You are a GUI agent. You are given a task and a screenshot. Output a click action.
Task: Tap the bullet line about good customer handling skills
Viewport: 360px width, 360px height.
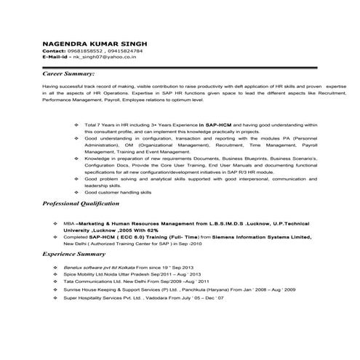pos(118,192)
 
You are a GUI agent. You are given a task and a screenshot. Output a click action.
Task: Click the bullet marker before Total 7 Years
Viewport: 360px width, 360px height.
pos(78,124)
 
